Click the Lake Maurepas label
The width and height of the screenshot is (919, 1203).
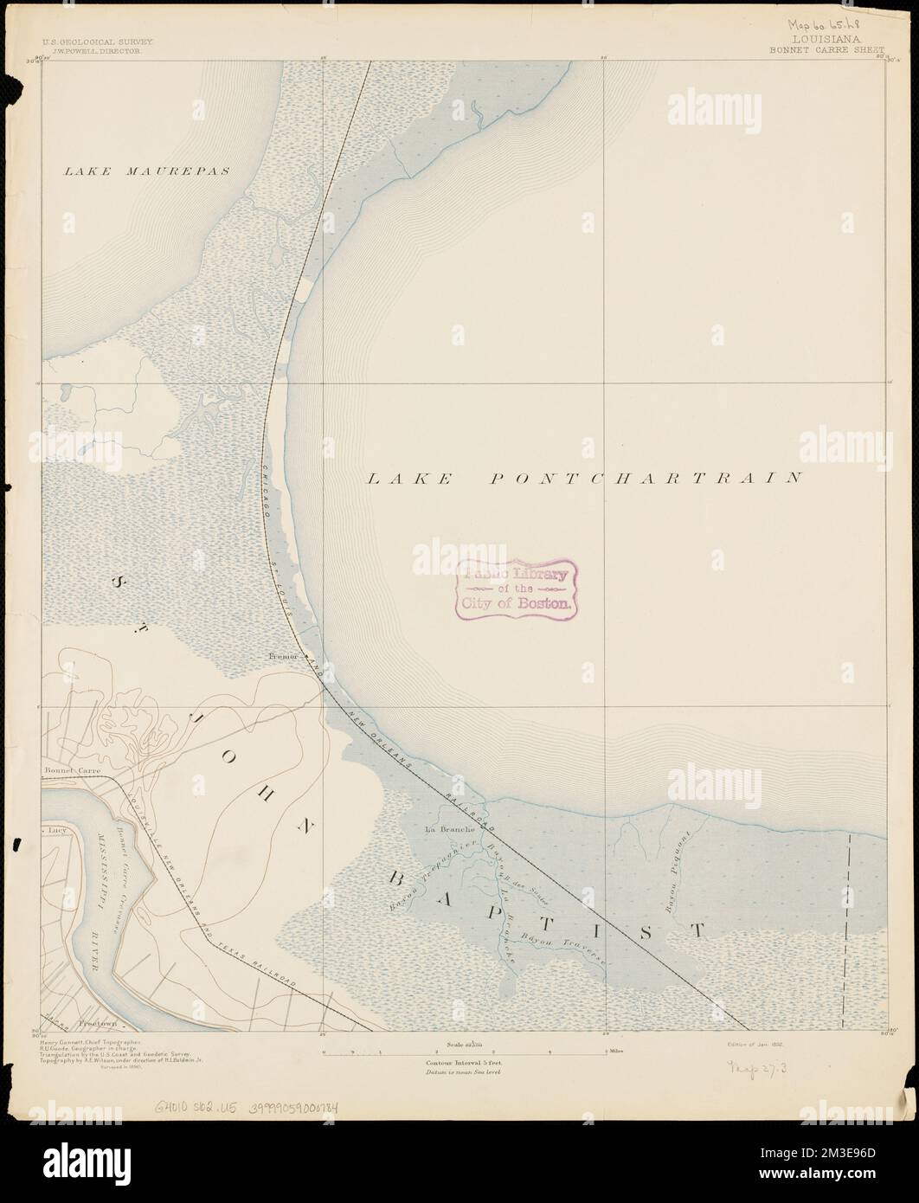(x=147, y=171)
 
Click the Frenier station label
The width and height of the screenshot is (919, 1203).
(x=283, y=658)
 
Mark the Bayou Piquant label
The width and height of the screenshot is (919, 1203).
(x=675, y=872)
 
